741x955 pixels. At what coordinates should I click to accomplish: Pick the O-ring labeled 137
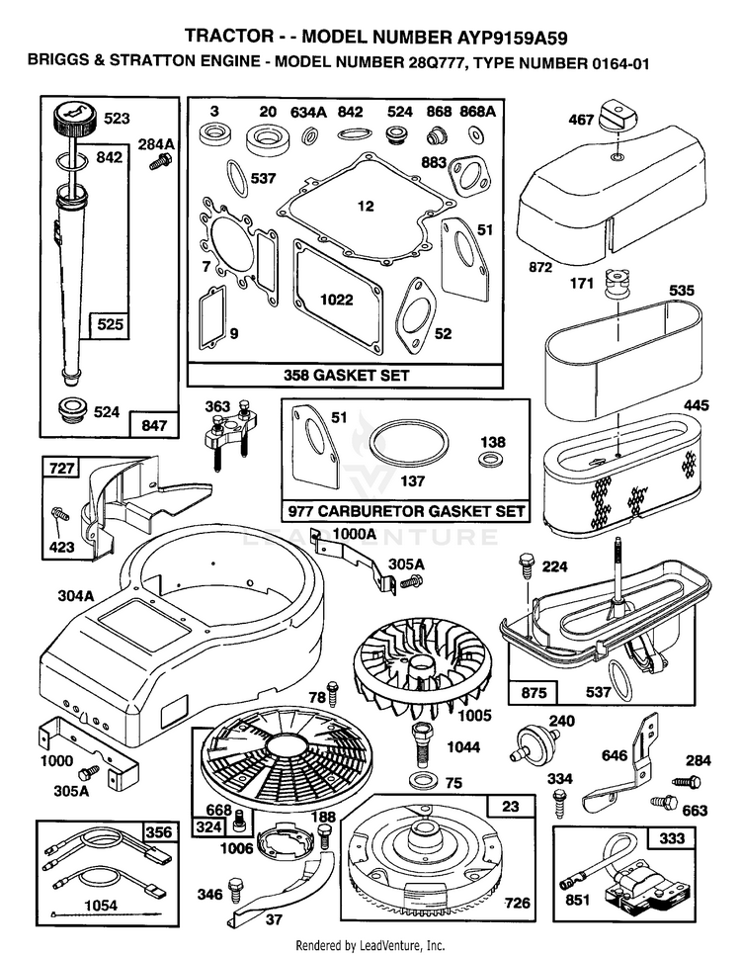[409, 445]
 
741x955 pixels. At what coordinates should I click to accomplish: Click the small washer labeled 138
[488, 459]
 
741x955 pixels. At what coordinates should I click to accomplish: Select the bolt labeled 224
[526, 564]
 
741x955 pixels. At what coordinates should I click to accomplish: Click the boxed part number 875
[534, 692]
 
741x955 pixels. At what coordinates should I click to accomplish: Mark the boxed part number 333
[671, 838]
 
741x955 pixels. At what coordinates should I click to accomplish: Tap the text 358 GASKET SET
[346, 376]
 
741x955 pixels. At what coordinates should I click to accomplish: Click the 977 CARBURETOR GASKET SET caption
[406, 511]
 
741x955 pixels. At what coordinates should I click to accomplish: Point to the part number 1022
[337, 300]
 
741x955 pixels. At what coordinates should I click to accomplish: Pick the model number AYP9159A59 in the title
[512, 39]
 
